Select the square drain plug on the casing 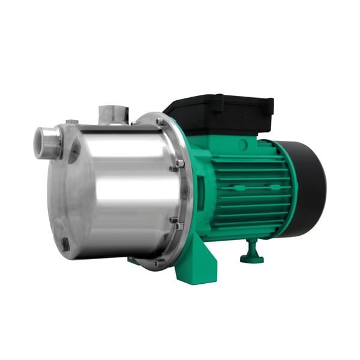point(64,244)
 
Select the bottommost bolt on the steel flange point(157,262)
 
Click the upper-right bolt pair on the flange point(178,164)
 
